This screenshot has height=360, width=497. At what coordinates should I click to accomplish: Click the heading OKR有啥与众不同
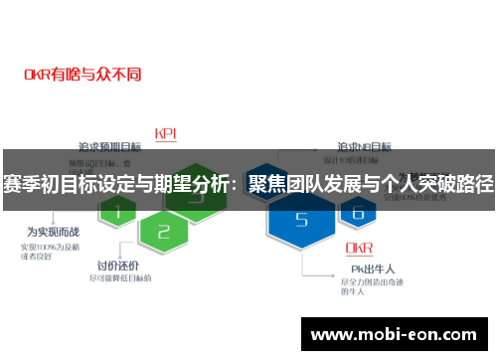pos(83,74)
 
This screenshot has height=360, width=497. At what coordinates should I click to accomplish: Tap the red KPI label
pos(166,133)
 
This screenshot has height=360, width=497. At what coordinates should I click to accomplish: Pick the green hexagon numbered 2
pos(164,232)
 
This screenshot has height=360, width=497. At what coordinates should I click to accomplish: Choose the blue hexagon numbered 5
pos(302,222)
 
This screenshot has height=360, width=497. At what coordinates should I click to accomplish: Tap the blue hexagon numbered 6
pos(357,211)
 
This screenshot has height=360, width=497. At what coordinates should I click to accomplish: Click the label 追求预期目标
pos(111,146)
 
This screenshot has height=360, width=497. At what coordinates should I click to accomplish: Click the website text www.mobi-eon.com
pos(395,333)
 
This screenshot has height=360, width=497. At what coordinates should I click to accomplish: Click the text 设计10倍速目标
pos(352,161)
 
